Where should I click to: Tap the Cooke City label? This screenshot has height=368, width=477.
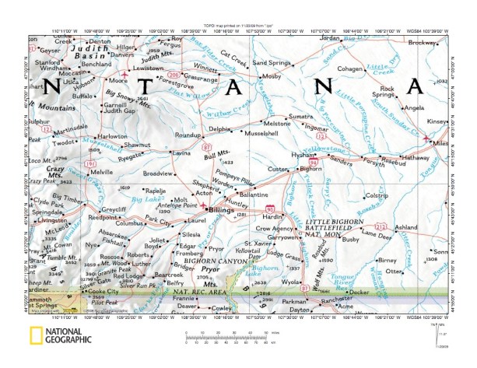click(x=108, y=291)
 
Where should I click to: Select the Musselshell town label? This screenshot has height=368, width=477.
click(x=260, y=134)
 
